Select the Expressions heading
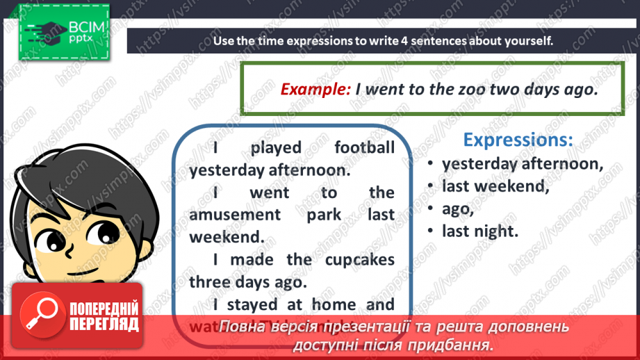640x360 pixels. [x=518, y=140]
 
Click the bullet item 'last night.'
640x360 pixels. [x=480, y=231]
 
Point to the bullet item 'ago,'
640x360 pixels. [x=457, y=208]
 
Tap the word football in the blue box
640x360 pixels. [x=364, y=147]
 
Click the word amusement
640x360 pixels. [x=236, y=214]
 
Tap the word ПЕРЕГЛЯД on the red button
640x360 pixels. [x=104, y=324]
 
